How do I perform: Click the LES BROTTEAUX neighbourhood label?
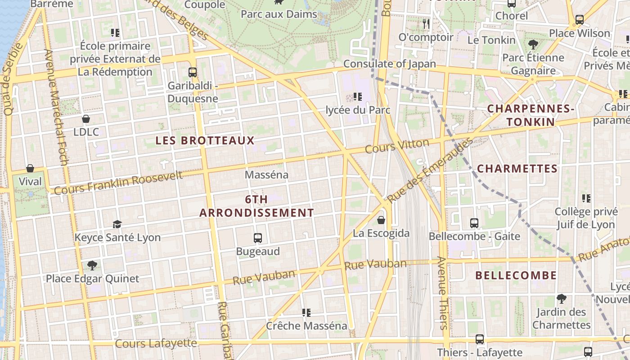pyautogui.click(x=205, y=140)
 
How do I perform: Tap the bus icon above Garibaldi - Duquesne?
pyautogui.click(x=193, y=72)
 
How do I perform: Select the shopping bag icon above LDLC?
pyautogui.click(x=86, y=119)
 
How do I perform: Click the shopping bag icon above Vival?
pyautogui.click(x=30, y=168)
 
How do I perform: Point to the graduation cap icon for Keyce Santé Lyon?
pyautogui.click(x=117, y=224)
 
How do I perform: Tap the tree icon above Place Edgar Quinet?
pyautogui.click(x=92, y=265)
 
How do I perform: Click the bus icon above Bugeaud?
pyautogui.click(x=258, y=238)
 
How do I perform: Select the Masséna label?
pyautogui.click(x=267, y=175)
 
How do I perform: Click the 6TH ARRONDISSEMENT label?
pyautogui.click(x=257, y=206)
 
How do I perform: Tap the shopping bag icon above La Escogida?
pyautogui.click(x=381, y=220)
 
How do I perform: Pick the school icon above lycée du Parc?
pyautogui.click(x=358, y=96)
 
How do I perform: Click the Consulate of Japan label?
pyautogui.click(x=390, y=64)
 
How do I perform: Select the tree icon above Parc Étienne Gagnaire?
pyautogui.click(x=533, y=44)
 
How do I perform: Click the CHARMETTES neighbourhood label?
pyautogui.click(x=517, y=169)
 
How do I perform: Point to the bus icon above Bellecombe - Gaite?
pyautogui.click(x=474, y=223)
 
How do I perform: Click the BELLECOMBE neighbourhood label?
pyautogui.click(x=516, y=275)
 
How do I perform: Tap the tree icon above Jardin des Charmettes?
pyautogui.click(x=561, y=298)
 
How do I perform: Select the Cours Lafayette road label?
pyautogui.click(x=156, y=343)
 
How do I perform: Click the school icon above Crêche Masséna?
pyautogui.click(x=306, y=312)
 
